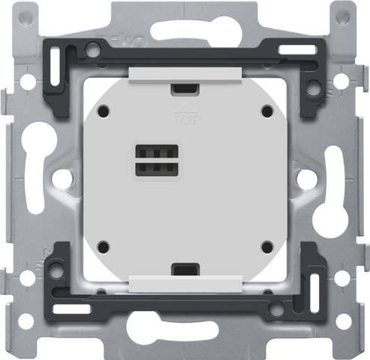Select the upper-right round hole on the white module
(266, 110)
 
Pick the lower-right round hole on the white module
(266, 245)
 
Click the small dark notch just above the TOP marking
(184, 88)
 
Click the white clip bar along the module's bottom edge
(184, 282)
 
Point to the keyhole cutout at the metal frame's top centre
(184, 20)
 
